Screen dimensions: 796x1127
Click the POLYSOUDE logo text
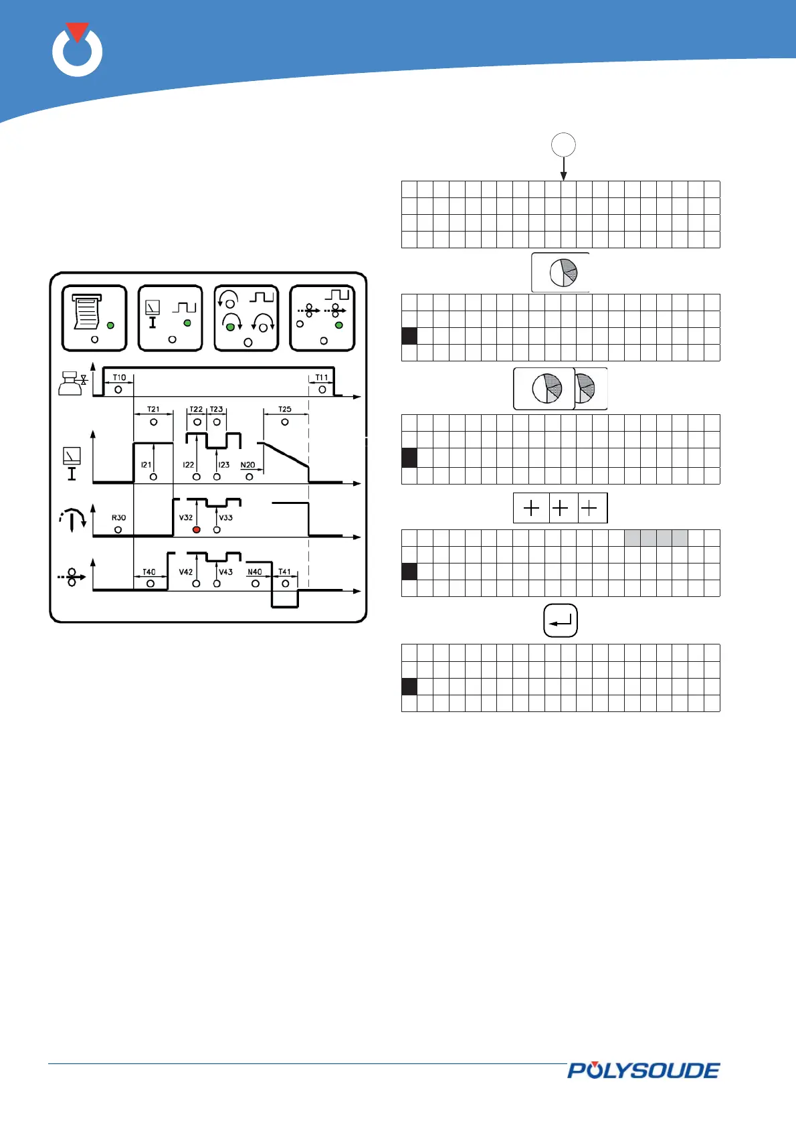click(643, 1070)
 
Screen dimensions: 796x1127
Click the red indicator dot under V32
click(197, 529)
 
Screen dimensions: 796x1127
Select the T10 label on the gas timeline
click(119, 377)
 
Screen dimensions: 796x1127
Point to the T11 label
click(322, 377)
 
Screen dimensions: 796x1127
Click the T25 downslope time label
click(285, 409)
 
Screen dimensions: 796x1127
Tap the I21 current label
click(146, 464)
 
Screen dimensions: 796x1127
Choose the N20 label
click(247, 464)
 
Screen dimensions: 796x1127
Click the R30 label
click(118, 517)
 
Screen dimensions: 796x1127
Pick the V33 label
click(226, 517)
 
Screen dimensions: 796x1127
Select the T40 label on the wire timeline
click(149, 572)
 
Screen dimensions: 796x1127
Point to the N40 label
click(255, 572)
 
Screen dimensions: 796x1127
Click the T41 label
click(285, 572)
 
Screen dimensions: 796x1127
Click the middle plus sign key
click(561, 509)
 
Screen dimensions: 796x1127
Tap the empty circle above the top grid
click(563, 145)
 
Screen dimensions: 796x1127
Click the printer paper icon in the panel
click(87, 312)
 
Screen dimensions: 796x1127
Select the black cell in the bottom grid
click(409, 687)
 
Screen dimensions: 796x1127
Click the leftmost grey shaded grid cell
click(632, 537)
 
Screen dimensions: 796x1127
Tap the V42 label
click(186, 572)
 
